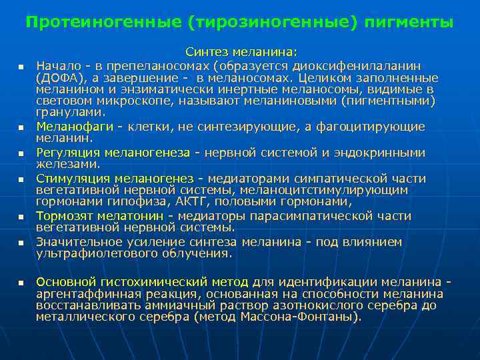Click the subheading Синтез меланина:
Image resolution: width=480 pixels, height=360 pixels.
click(x=242, y=52)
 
